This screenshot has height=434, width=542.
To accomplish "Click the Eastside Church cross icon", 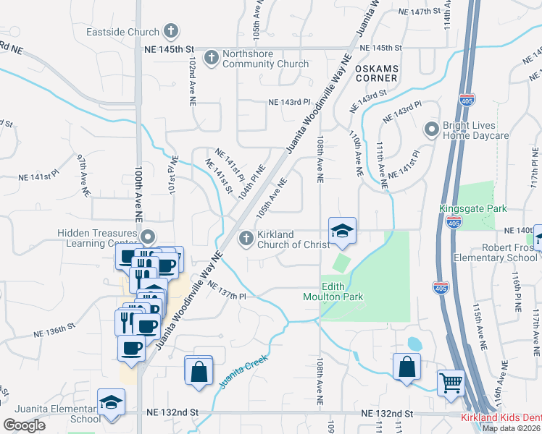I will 170,31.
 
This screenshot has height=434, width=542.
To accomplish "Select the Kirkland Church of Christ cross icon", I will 246,237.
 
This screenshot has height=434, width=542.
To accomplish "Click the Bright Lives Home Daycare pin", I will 431,129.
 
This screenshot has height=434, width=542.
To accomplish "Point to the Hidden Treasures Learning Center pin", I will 149,237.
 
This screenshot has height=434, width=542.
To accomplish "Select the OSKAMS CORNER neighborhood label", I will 376,72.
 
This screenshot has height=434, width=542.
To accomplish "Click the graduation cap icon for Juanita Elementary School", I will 112,401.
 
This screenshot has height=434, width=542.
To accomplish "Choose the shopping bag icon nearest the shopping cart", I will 407,366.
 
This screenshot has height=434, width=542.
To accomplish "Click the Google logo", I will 24,425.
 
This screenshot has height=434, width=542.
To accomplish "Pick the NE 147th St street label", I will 420,12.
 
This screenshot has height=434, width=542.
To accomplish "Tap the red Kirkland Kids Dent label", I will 501,419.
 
